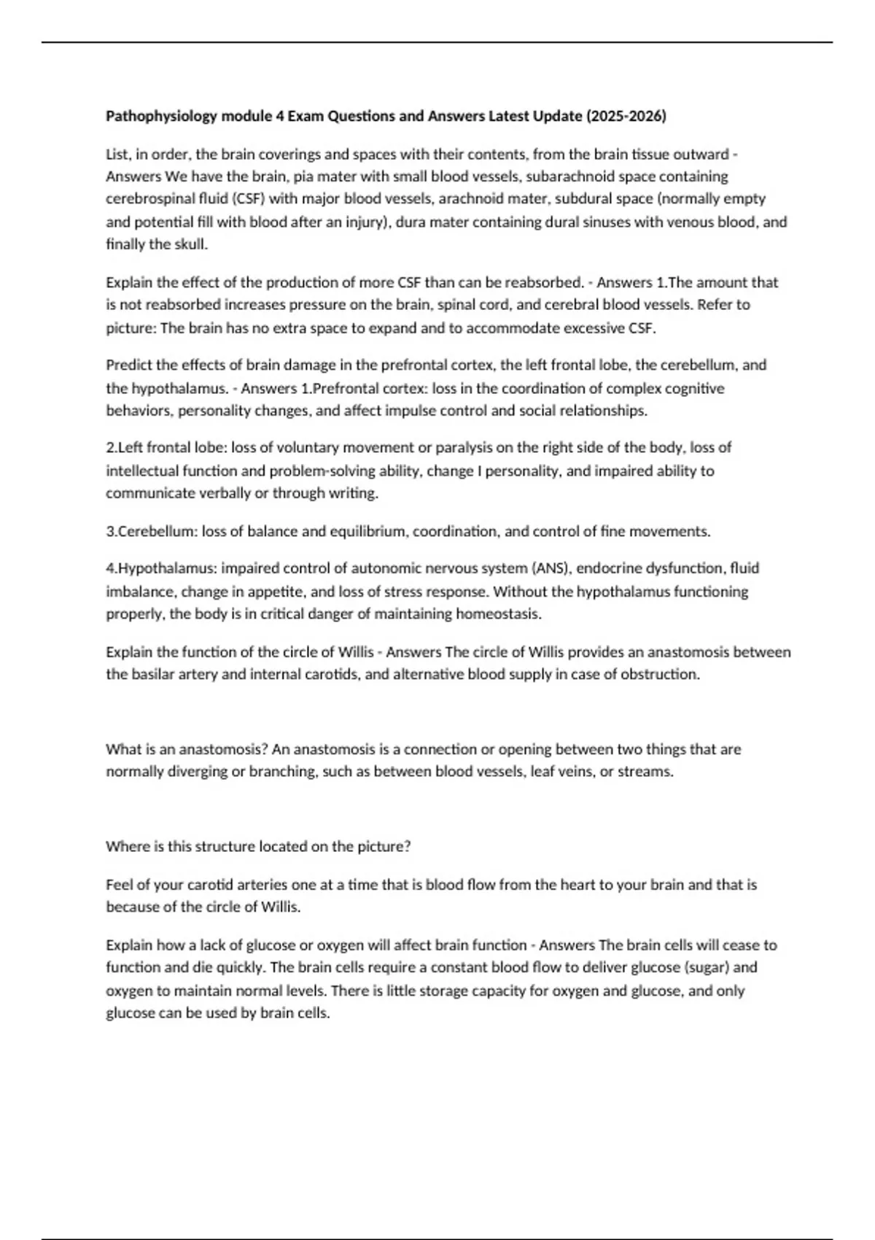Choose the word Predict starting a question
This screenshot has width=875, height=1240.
pos(128,365)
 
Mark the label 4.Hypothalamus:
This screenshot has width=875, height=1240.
pos(161,567)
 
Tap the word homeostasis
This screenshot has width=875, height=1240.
pos(499,613)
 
